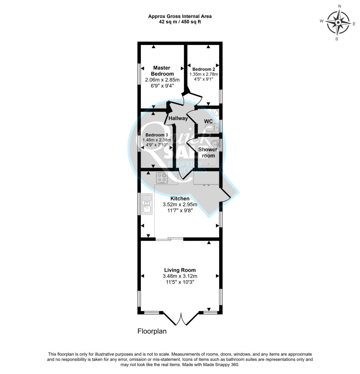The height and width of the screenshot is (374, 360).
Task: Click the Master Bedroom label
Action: (162, 71)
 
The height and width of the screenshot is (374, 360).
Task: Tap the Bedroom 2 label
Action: (204, 69)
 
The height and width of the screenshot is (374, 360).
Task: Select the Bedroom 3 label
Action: (156, 135)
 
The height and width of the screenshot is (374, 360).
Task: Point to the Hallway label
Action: (178, 118)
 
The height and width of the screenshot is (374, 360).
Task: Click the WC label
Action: (208, 121)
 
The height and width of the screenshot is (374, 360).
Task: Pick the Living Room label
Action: (180, 270)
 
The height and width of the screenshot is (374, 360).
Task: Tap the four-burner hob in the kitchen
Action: (162, 178)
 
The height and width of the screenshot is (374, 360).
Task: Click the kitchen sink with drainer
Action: (147, 204)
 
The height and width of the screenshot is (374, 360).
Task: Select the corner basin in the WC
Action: (215, 112)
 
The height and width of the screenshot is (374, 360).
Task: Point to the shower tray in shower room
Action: (209, 159)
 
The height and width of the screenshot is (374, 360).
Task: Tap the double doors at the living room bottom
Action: (181, 318)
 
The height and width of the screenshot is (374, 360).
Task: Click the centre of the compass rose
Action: (338, 23)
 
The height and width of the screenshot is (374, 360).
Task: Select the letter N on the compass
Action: (340, 6)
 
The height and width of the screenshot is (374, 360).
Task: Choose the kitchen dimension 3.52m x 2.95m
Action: (180, 205)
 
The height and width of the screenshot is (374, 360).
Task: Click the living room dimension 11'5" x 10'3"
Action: (180, 282)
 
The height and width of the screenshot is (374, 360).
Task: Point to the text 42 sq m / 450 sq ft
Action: (180, 22)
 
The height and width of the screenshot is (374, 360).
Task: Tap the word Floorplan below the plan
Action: (152, 331)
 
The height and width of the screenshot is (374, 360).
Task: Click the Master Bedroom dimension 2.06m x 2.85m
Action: (162, 80)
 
